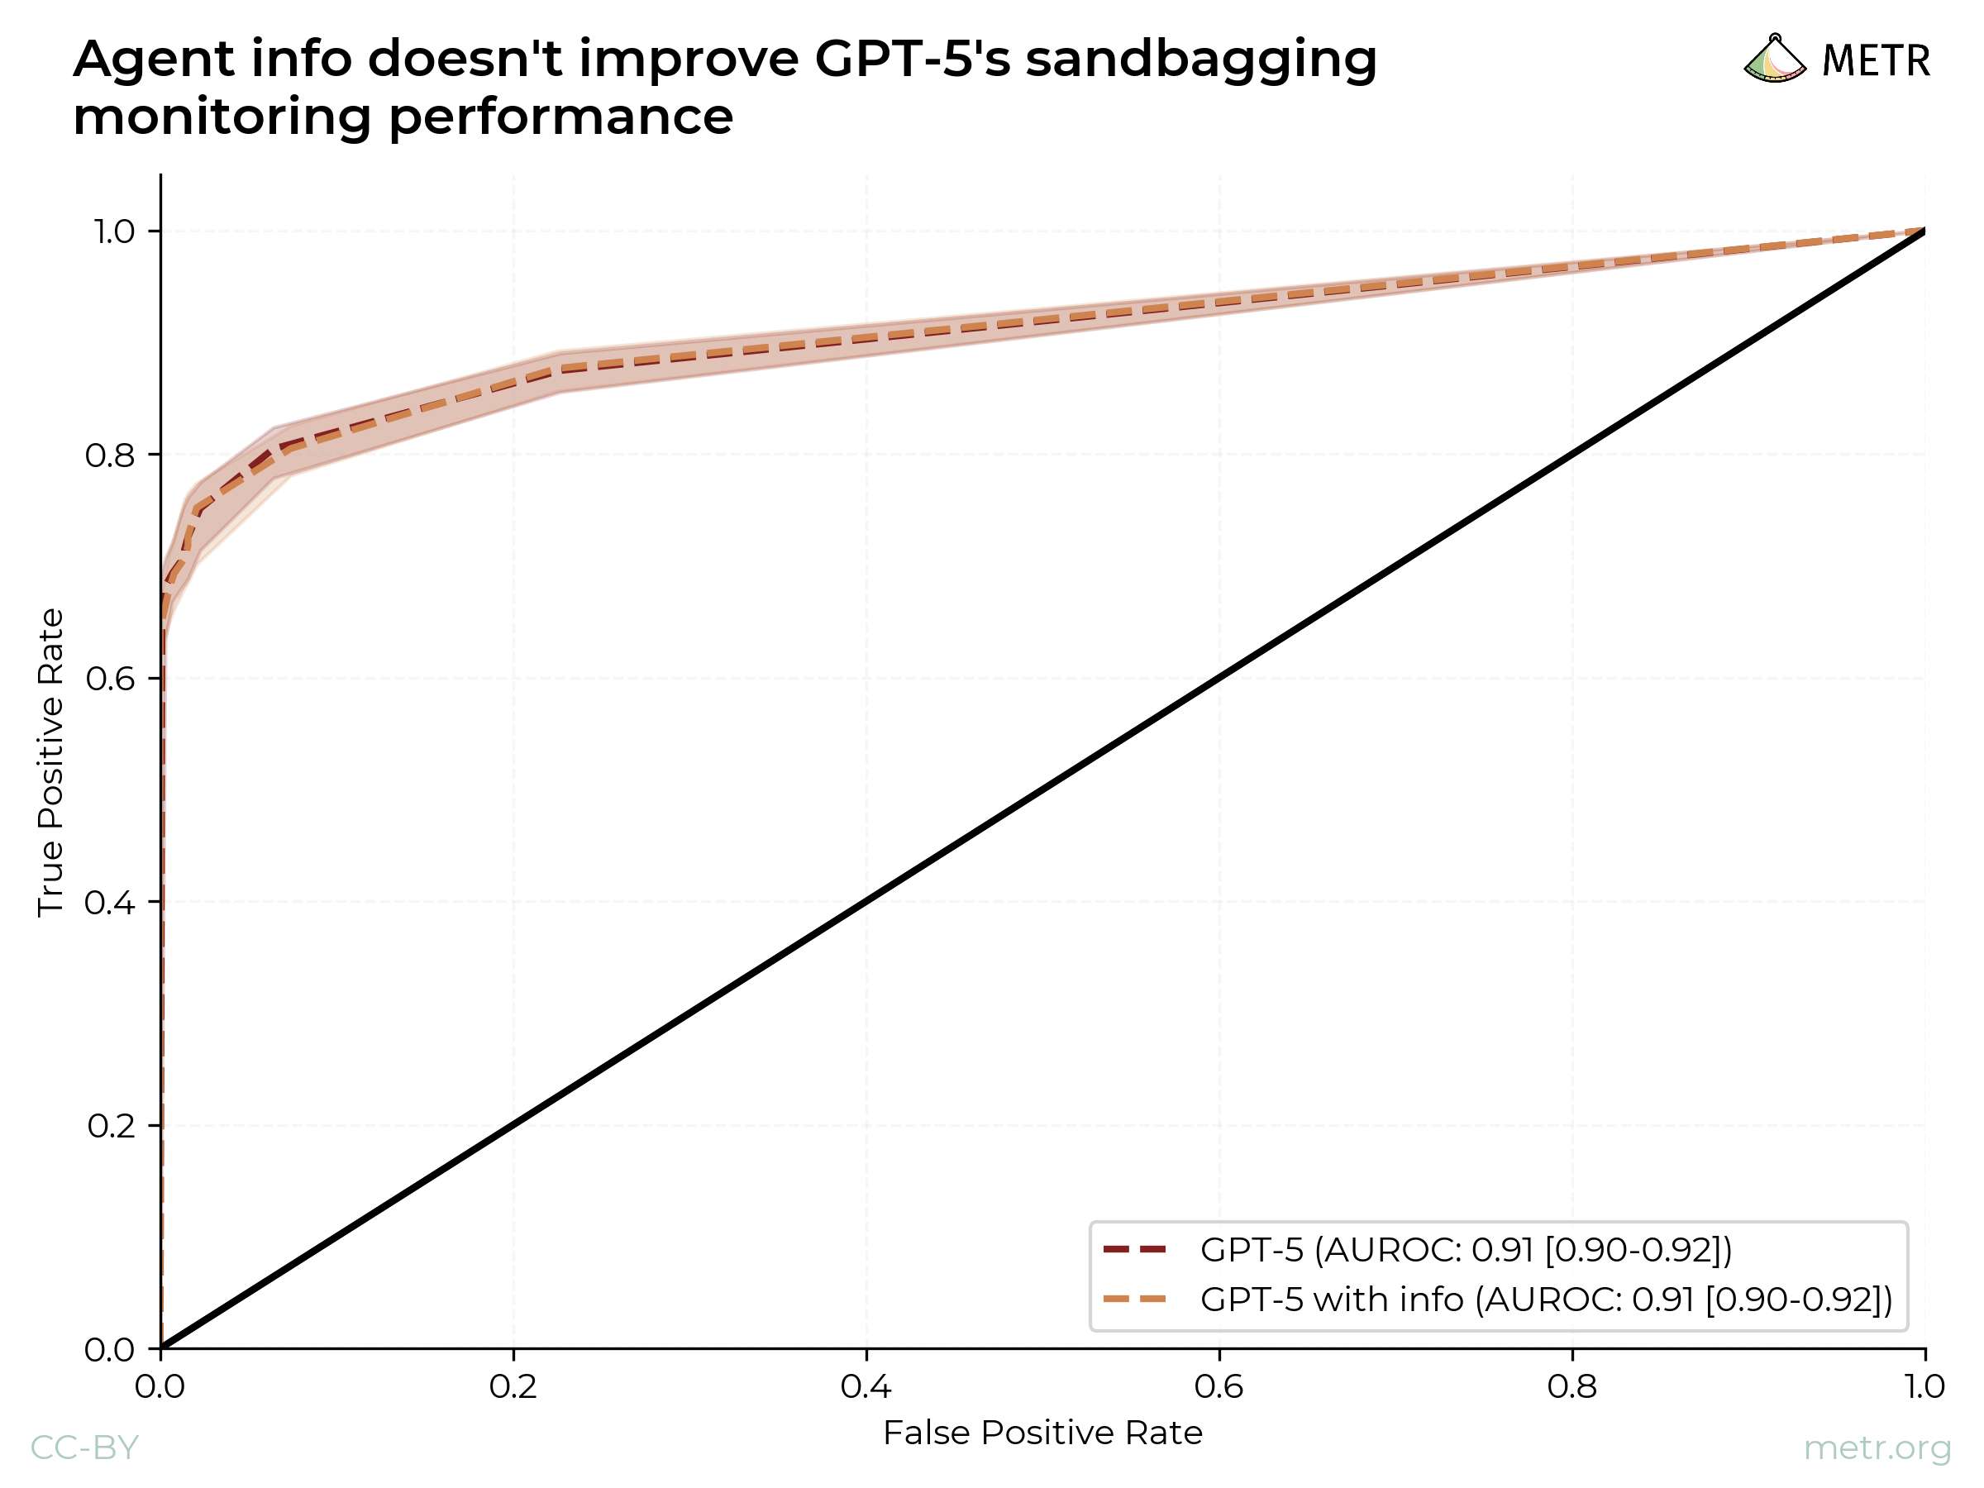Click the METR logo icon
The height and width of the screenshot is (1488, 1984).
tap(1774, 60)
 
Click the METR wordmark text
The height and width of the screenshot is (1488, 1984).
tap(1877, 61)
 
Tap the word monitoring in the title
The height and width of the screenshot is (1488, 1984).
tap(224, 117)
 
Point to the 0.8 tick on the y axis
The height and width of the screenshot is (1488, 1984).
tap(109, 455)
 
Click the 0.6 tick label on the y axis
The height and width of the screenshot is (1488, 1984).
tap(109, 679)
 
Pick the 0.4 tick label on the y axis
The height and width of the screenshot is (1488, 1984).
tap(109, 903)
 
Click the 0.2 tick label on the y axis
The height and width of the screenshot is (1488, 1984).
tap(109, 1126)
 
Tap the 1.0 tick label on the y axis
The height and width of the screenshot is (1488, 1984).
tap(113, 232)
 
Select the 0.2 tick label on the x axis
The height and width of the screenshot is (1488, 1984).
tap(513, 1387)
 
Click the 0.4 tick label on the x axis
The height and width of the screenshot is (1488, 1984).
tap(866, 1387)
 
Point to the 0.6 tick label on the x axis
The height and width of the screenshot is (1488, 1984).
tap(1219, 1387)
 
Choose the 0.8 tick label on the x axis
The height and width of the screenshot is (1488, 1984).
tap(1571, 1387)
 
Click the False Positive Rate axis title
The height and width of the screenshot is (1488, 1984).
tap(1042, 1433)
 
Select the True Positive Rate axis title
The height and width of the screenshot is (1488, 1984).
tap(50, 762)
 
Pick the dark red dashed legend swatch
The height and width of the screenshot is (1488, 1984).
tap(1135, 1248)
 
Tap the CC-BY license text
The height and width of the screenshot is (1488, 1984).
tap(84, 1447)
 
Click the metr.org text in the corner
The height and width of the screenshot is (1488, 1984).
tap(1877, 1447)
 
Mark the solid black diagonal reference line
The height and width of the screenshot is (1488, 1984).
tap(1042, 789)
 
